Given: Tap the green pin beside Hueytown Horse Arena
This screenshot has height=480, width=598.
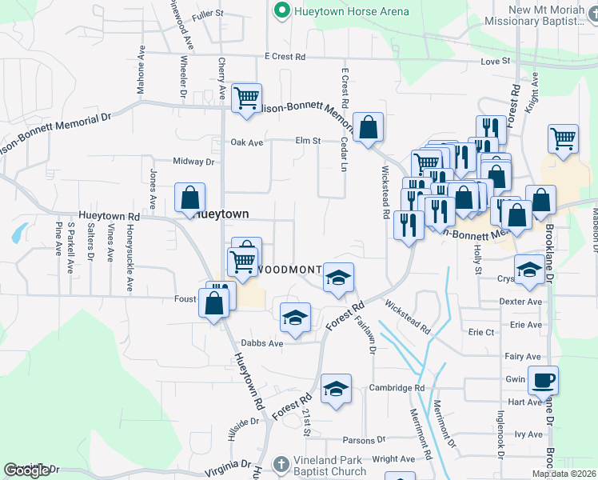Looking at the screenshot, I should point(281,12).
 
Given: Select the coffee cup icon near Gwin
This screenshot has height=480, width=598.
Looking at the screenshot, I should point(543,380).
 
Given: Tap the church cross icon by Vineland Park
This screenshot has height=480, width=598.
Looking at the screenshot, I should point(281,465).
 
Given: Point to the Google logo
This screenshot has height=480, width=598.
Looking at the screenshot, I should point(26,470).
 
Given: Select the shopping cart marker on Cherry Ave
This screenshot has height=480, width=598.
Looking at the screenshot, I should point(246,98).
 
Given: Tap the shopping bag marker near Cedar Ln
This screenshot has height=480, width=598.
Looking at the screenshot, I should point(368,127).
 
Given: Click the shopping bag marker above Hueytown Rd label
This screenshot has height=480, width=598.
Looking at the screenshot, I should point(190,198).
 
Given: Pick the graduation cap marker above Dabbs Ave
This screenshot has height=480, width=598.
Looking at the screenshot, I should point(295,317).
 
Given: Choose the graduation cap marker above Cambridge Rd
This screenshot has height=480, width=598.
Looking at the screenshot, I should point(337,389).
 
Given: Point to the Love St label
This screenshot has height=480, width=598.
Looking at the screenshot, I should point(495,61).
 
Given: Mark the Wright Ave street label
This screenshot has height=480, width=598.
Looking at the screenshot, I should point(394,459).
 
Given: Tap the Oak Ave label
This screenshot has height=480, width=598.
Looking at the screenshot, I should point(247,142).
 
